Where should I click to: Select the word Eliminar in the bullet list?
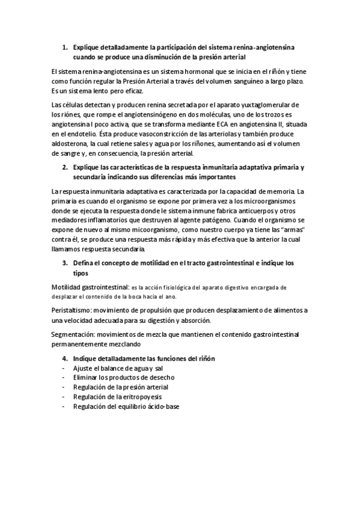coord(87,377)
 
